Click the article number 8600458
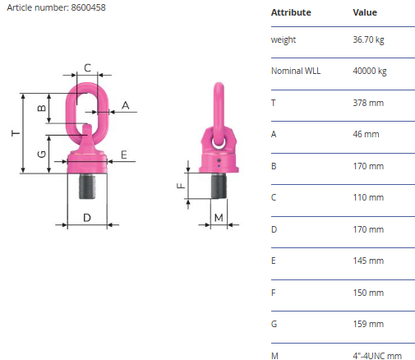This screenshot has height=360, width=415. [x=88, y=7]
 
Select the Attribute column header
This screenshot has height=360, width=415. [x=291, y=12]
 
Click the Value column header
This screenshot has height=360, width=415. [x=365, y=12]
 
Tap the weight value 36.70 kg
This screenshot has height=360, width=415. [x=368, y=39]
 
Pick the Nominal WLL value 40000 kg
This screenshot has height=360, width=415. [x=370, y=71]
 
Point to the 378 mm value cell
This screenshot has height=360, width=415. [x=368, y=103]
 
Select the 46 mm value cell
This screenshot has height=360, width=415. [x=366, y=134]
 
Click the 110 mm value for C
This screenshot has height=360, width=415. [x=368, y=197]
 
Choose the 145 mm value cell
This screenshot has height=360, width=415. [x=368, y=261]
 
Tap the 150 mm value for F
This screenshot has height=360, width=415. [x=368, y=293]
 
